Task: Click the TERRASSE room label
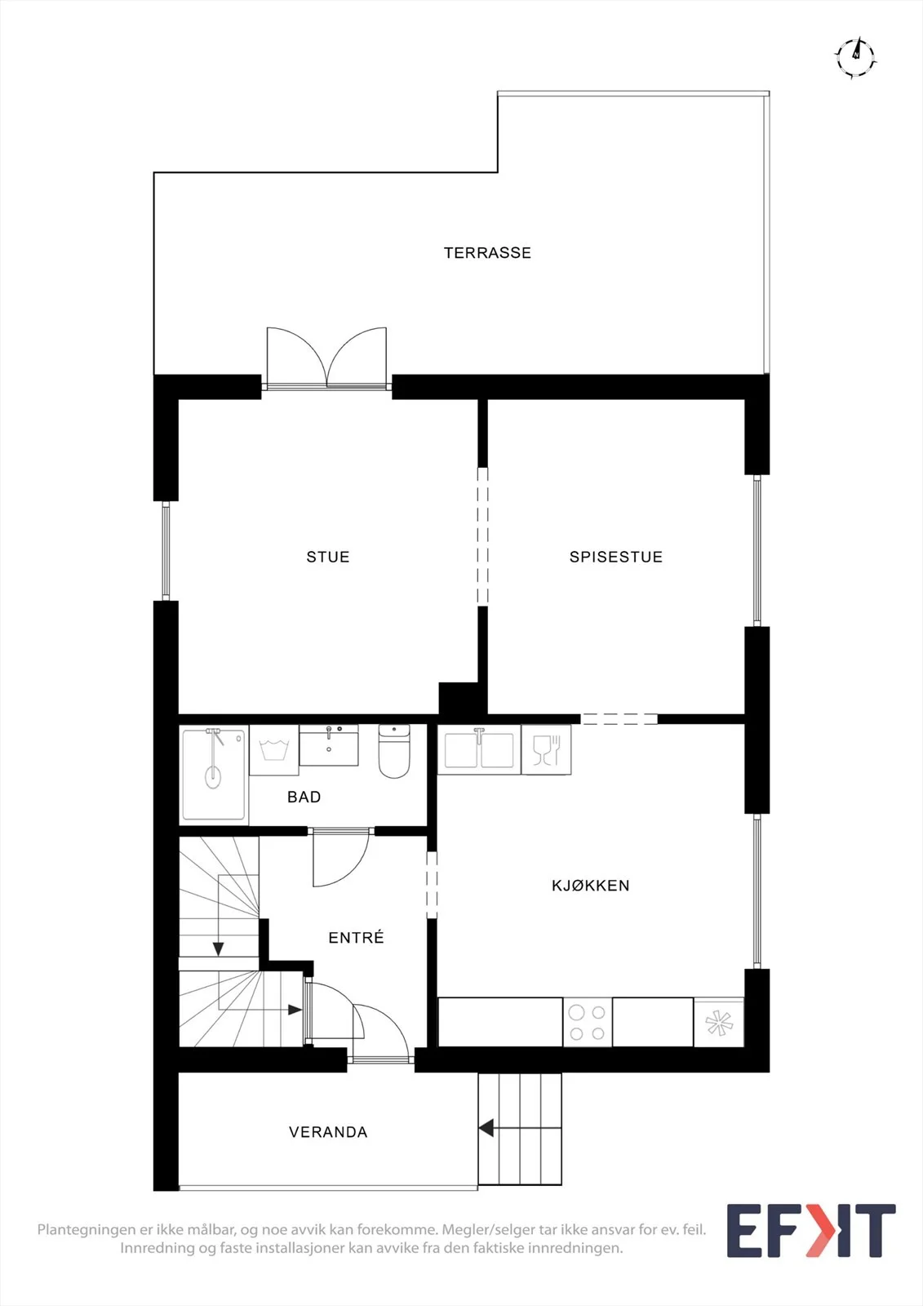click(487, 253)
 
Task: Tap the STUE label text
click(328, 557)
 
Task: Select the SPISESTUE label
click(616, 557)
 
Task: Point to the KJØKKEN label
click(591, 886)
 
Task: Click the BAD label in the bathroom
click(304, 797)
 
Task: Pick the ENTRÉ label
click(357, 938)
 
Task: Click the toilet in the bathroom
click(394, 751)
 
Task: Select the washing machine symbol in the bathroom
click(274, 750)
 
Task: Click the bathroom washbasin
click(329, 745)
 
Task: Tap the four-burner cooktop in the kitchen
click(588, 1022)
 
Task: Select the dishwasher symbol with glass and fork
click(546, 750)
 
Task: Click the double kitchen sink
click(479, 750)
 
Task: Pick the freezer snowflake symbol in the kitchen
click(718, 1023)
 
